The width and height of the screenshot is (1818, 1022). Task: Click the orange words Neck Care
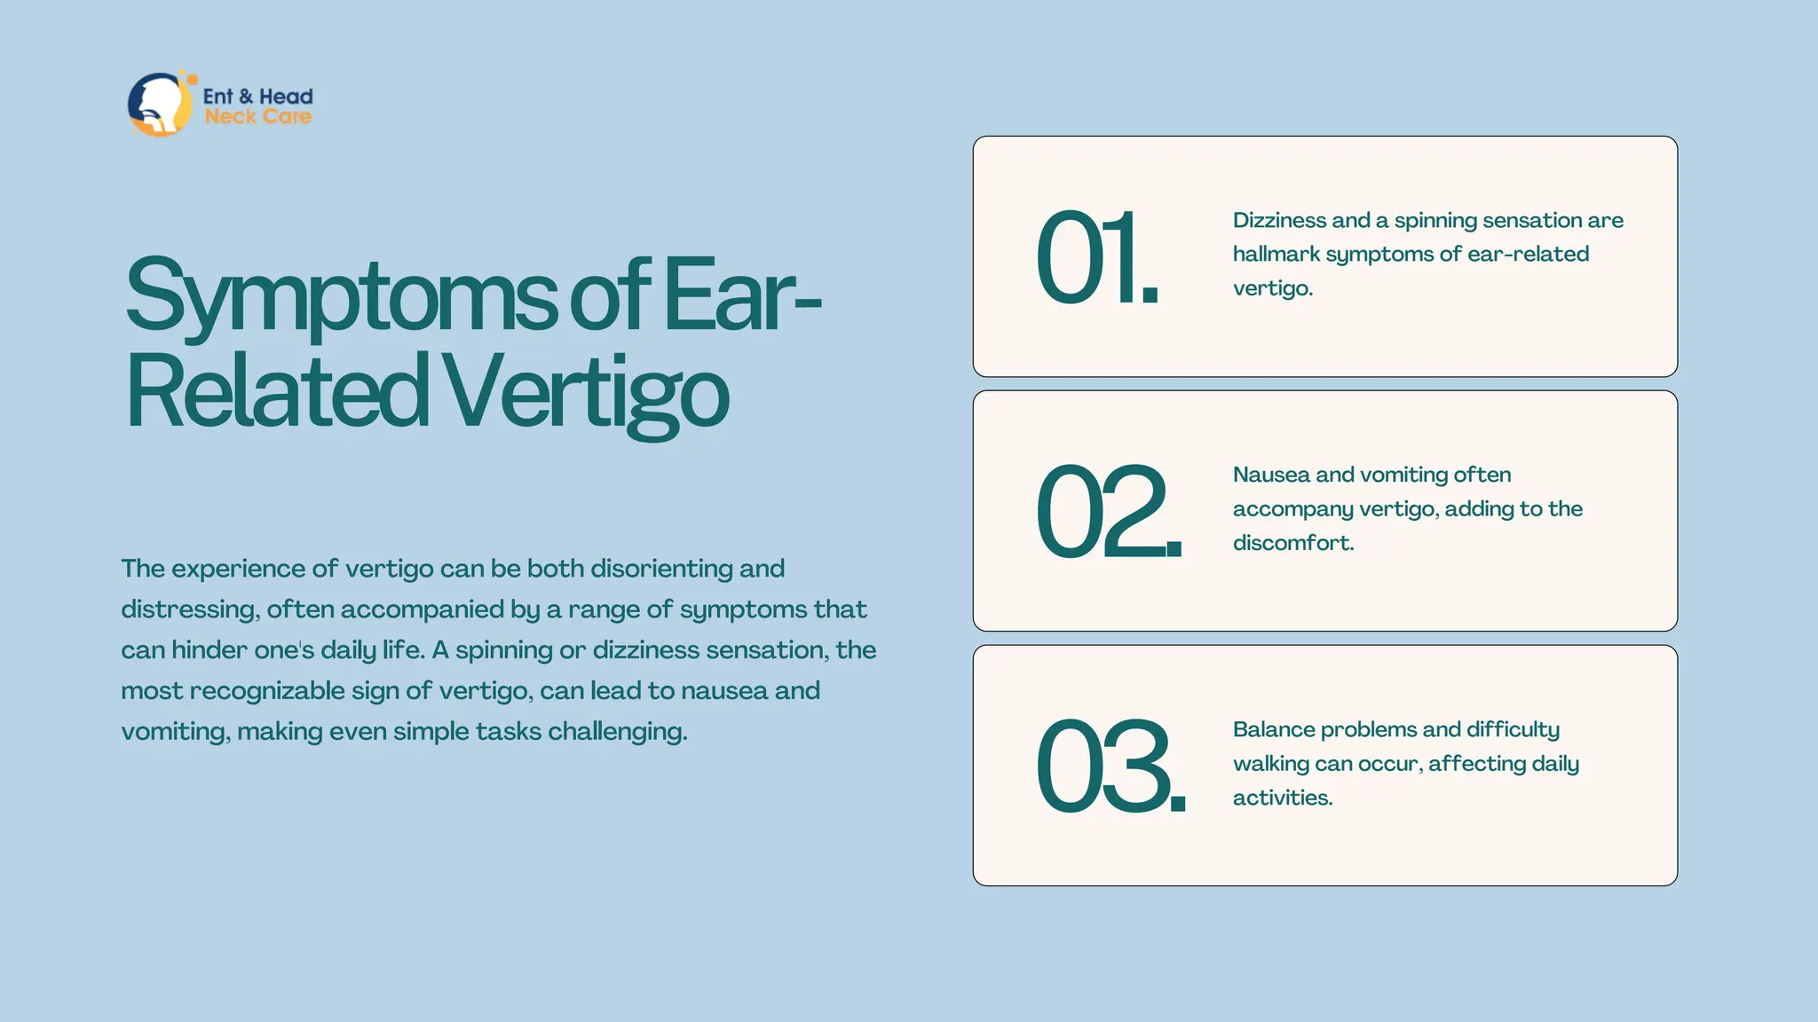point(257,117)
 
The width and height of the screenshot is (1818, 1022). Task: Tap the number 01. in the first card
point(1097,258)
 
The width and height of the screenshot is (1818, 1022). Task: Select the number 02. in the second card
point(1108,512)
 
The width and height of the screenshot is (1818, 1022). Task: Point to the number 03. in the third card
point(1110,766)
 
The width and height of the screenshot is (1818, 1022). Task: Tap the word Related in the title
point(277,391)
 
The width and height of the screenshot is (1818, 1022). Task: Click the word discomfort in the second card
point(1292,543)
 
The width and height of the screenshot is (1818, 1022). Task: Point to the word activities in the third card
point(1282,798)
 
